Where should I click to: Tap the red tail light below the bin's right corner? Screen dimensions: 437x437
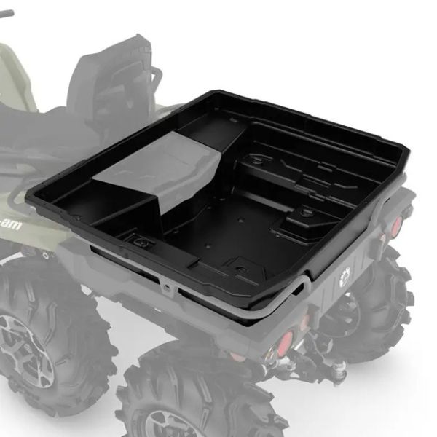[x=398, y=223]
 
